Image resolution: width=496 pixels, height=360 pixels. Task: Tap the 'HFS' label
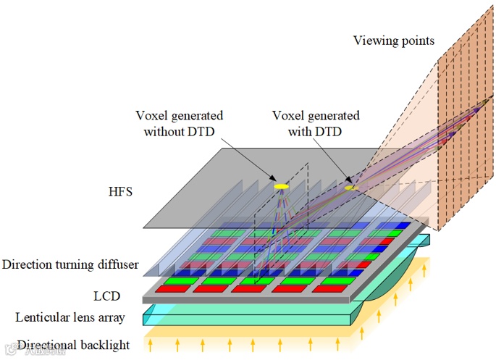(x=119, y=192)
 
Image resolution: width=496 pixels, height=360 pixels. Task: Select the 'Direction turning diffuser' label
(x=70, y=264)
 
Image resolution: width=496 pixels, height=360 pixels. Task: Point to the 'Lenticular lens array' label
(x=70, y=317)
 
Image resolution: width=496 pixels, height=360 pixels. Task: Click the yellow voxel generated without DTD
(x=281, y=187)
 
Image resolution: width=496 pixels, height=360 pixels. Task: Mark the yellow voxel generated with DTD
(x=351, y=188)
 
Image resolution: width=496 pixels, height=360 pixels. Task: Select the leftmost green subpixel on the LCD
(x=177, y=280)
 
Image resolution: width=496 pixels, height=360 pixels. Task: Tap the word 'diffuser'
(x=118, y=264)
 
